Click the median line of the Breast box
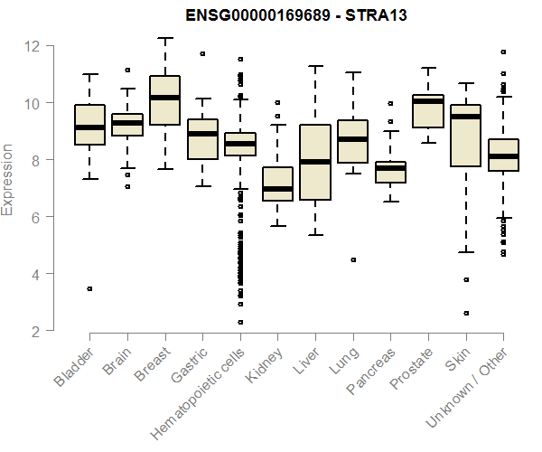point(164,98)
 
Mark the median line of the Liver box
point(314,162)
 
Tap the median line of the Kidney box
point(277,189)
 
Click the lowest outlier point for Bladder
point(89,288)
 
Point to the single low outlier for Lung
point(352,259)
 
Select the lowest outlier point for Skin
point(465,313)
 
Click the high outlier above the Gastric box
point(202,53)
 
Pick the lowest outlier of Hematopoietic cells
point(240,322)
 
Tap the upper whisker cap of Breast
point(164,38)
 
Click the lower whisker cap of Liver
point(314,235)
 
